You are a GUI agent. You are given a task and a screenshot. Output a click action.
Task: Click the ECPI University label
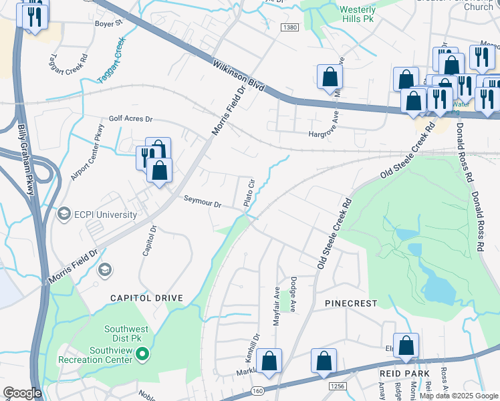(x=106, y=215)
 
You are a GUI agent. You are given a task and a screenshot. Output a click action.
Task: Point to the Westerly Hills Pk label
(x=358, y=15)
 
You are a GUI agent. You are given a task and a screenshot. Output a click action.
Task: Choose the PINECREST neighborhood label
(x=351, y=303)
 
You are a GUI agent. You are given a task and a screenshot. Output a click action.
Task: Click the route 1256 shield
(x=338, y=386)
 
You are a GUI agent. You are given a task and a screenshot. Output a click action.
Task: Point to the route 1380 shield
(x=289, y=27)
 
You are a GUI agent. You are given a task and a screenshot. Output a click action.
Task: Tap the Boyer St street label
(x=110, y=22)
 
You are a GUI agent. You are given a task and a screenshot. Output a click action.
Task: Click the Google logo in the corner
(x=23, y=392)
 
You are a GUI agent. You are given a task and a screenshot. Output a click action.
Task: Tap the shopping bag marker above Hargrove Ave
(x=330, y=78)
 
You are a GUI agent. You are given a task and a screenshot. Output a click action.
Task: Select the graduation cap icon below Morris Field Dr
(x=105, y=269)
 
